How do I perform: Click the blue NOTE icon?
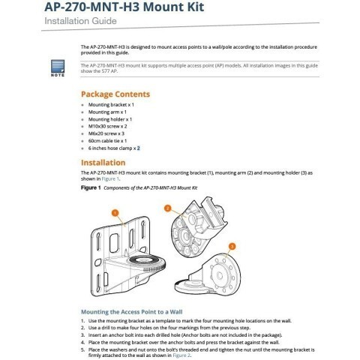click(x=58, y=68)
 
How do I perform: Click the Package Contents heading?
click(x=115, y=94)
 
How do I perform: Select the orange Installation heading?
click(x=103, y=163)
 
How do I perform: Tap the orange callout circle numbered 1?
click(x=115, y=213)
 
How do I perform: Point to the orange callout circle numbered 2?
click(x=167, y=208)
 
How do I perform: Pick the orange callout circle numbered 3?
click(x=232, y=247)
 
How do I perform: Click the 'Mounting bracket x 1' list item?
click(x=111, y=105)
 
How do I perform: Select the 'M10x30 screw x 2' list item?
click(x=107, y=126)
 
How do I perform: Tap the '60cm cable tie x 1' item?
click(x=107, y=141)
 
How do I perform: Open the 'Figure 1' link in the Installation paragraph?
click(x=110, y=178)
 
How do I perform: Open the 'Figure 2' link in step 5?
click(x=181, y=355)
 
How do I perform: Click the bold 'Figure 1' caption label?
click(x=91, y=187)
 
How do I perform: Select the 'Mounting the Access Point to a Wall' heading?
click(x=132, y=312)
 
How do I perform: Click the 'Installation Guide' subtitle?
click(x=80, y=21)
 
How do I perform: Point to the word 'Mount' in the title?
click(x=160, y=7)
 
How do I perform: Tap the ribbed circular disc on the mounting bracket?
click(x=147, y=263)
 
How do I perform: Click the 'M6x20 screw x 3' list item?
click(x=106, y=133)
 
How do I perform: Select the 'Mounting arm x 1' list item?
click(x=107, y=112)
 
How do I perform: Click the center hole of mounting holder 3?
click(x=220, y=275)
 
